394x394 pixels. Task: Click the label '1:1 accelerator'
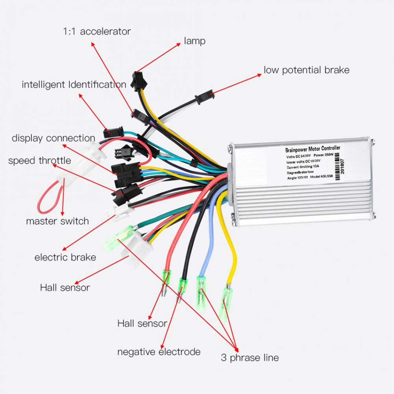pos(97,31)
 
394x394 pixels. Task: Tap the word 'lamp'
pos(195,41)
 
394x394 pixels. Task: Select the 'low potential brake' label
pos(306,70)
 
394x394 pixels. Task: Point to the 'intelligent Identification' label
pos(74,84)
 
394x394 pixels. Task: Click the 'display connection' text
pos(54,138)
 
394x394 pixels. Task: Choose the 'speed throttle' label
pos(40,161)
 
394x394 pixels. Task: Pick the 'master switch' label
pos(57,221)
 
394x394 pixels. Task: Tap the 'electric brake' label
pos(65,257)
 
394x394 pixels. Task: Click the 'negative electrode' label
pos(159,351)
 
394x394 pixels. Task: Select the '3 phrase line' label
pos(250,358)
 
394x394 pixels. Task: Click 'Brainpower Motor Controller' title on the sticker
pos(313,150)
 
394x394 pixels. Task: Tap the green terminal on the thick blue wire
pos(202,289)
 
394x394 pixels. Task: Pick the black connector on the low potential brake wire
pos(204,96)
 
